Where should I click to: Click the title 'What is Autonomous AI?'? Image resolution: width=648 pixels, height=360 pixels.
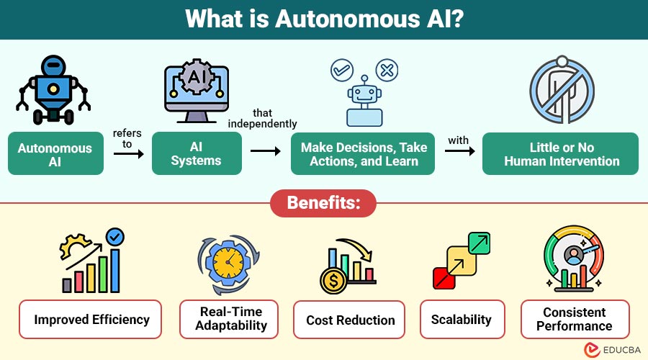point(324,19)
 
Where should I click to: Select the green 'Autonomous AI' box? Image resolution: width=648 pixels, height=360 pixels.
point(55,154)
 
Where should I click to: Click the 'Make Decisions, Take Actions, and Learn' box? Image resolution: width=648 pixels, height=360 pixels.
point(364,154)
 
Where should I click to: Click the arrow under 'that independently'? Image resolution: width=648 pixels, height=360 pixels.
point(264,152)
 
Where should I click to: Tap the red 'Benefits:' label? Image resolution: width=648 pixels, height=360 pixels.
point(324,202)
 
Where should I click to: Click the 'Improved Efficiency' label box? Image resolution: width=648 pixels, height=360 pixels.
point(91,320)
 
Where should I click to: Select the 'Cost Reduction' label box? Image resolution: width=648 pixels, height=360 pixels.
point(351,320)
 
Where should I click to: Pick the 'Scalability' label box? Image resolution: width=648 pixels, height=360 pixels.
point(461,319)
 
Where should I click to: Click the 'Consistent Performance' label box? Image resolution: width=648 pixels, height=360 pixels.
point(575,319)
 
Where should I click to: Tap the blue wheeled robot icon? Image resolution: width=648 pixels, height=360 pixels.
point(52,90)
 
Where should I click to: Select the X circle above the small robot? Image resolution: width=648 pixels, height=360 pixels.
point(387,71)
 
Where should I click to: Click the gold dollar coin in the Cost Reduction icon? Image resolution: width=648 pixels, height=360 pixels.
point(333,281)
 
